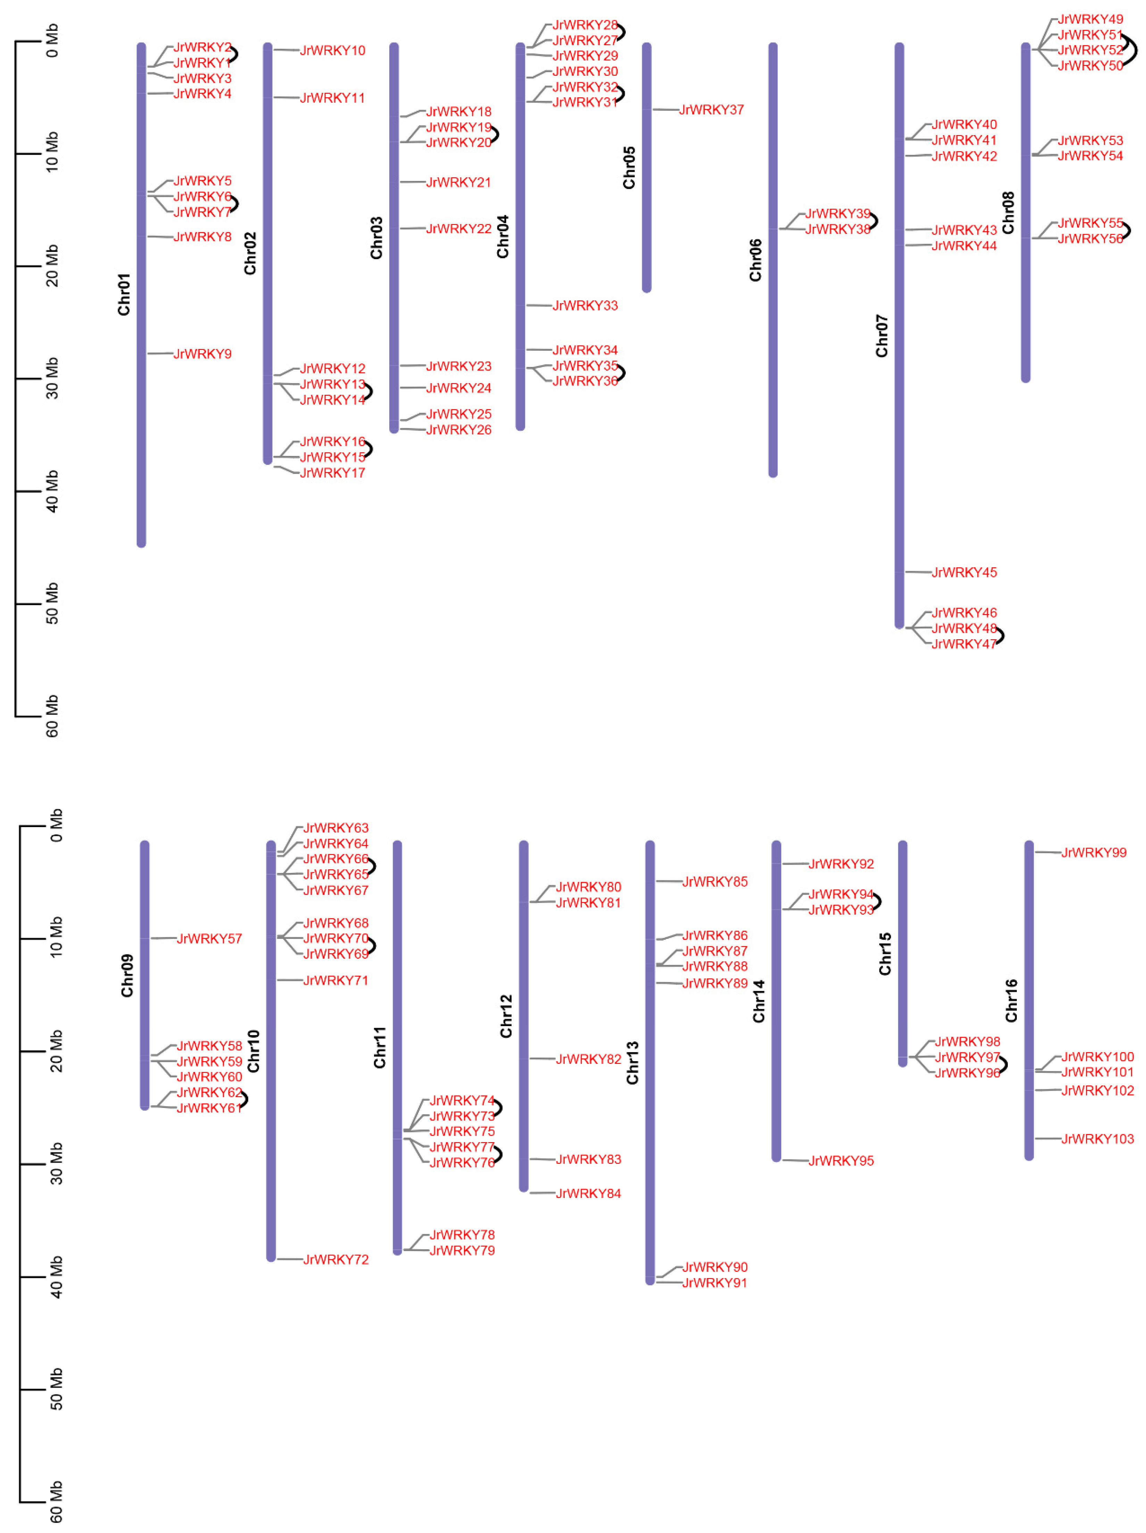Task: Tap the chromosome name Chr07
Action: [882, 336]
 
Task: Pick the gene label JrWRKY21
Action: [458, 182]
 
